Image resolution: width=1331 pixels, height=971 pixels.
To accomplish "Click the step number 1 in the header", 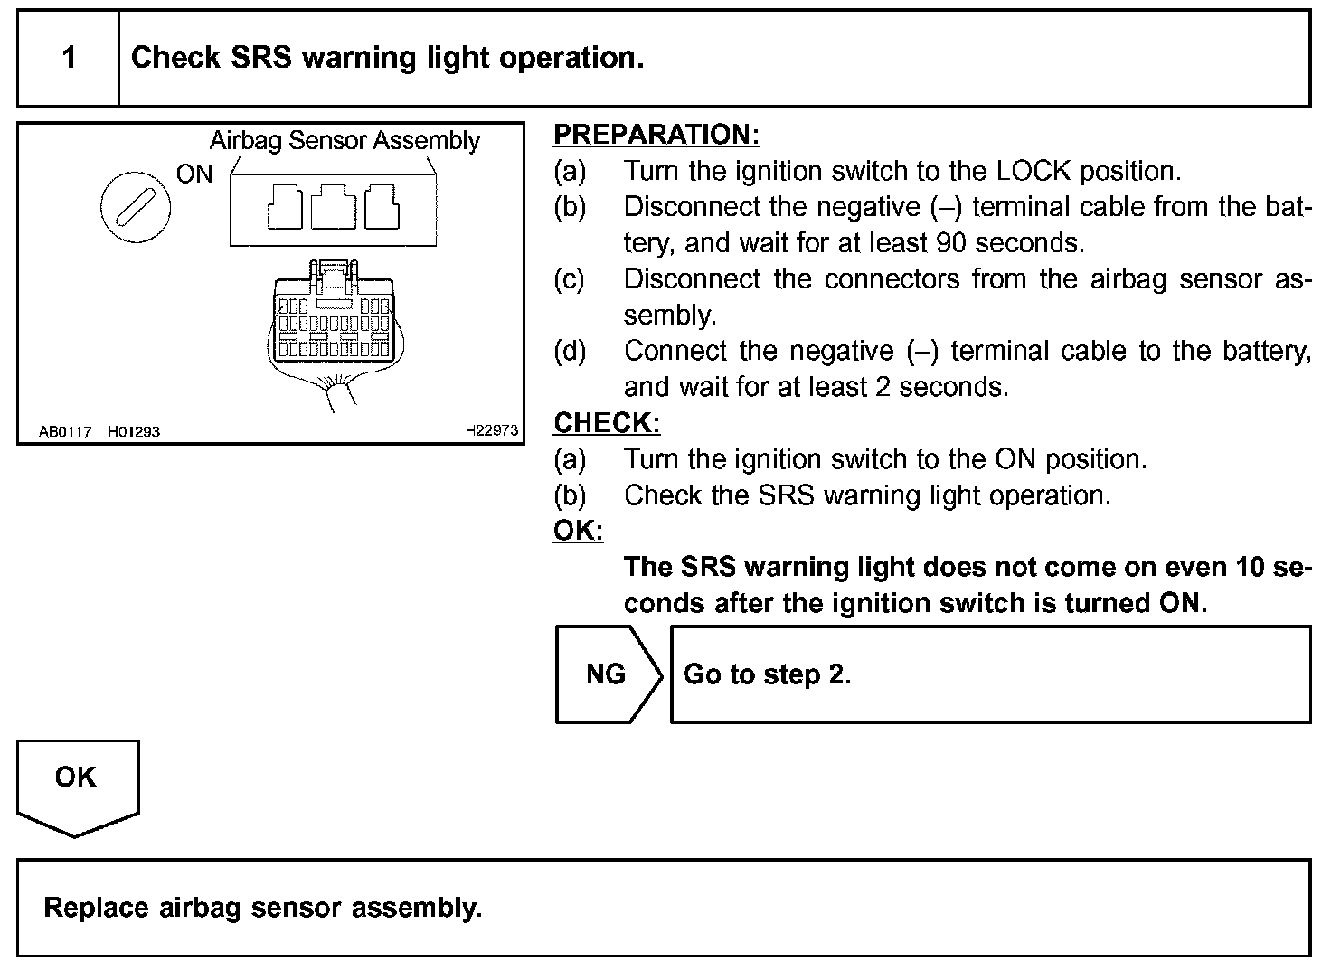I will point(69,59).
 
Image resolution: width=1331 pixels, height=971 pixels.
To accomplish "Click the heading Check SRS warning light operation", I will point(387,58).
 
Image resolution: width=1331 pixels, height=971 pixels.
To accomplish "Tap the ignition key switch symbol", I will point(136,209).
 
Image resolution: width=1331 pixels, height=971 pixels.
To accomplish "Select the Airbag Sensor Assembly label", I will point(345,141).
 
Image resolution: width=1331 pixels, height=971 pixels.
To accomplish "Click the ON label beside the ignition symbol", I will point(194,174).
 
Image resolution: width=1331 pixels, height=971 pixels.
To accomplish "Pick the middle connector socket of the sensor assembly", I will point(333,207).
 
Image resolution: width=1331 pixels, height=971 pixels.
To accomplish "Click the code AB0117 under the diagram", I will point(65,431).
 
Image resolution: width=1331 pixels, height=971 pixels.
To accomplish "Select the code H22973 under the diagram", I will point(492,431).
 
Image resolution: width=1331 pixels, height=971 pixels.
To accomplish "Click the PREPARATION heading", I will point(656,135).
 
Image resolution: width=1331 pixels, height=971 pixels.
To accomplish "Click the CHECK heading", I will point(607,423).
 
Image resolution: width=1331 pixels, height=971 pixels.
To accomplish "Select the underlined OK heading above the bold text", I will point(578,531).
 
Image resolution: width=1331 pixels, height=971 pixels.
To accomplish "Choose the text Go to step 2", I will point(767,674).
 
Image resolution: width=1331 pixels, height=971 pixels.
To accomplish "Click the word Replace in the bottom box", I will point(97,908).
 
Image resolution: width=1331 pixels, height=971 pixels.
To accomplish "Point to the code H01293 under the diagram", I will point(134,431).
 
